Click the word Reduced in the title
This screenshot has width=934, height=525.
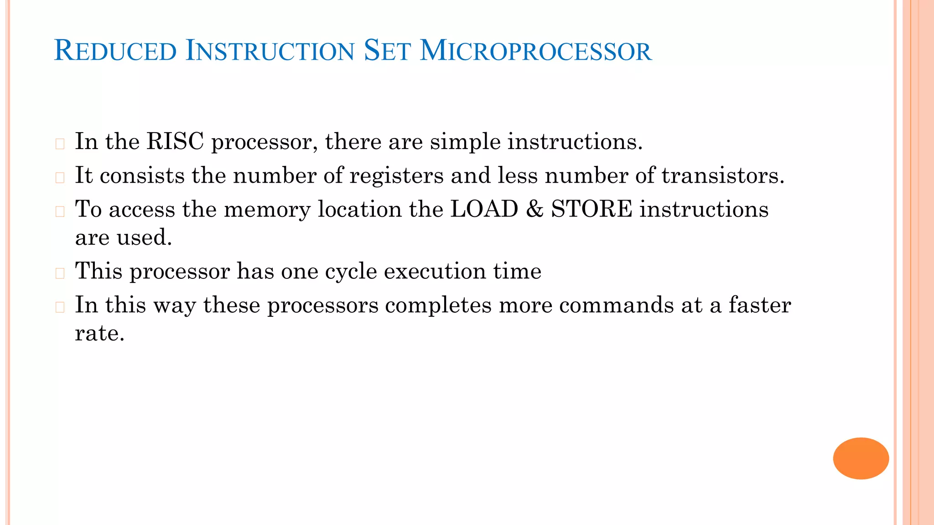point(115,51)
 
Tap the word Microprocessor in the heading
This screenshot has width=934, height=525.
point(535,51)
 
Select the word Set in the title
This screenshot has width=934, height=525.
point(387,51)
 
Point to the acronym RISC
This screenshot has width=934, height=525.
point(175,141)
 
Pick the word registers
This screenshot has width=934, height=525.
point(396,175)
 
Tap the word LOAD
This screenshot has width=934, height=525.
point(484,209)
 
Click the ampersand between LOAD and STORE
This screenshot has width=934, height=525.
point(534,209)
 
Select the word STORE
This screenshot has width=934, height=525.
point(592,209)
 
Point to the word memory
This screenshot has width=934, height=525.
point(267,210)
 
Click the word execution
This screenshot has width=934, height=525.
point(435,271)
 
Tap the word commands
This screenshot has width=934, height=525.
point(616,305)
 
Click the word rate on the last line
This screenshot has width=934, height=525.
point(99,333)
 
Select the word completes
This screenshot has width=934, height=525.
point(438,305)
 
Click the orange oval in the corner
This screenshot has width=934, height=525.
point(861,458)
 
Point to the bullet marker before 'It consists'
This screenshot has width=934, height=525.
point(60,178)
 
